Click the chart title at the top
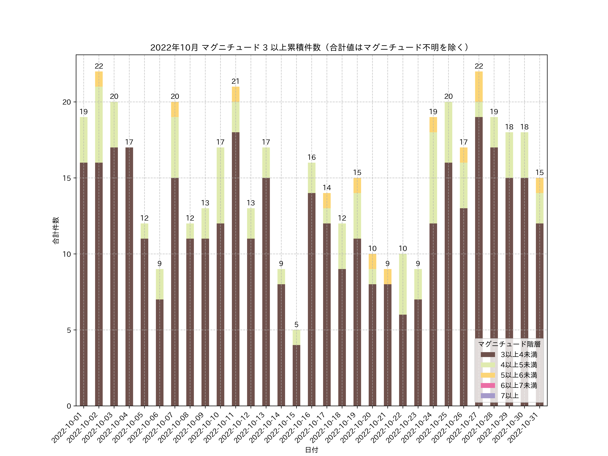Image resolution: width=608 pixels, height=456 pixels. point(310,48)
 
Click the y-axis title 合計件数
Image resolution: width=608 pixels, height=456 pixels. point(56,230)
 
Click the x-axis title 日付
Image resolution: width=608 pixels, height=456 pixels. point(311,450)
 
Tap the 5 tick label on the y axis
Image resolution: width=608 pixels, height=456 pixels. point(69,330)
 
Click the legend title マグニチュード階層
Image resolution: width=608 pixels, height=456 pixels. point(509,344)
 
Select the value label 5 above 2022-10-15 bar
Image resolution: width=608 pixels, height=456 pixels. point(296,325)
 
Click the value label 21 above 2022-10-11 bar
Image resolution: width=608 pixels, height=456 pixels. point(236,81)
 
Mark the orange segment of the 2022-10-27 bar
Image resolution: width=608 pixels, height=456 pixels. point(479,87)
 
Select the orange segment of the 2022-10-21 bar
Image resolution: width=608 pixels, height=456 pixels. point(388,276)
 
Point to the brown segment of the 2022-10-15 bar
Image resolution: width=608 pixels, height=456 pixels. point(296,375)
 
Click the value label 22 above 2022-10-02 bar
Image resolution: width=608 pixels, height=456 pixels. point(99,66)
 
